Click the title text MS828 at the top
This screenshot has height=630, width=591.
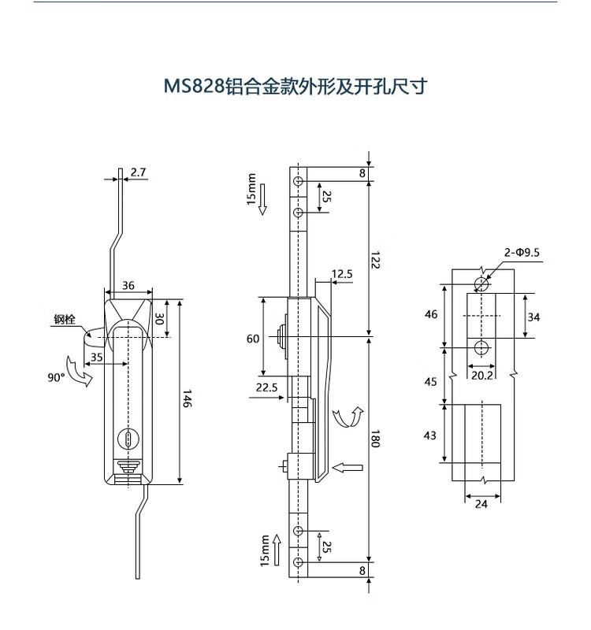click(x=193, y=87)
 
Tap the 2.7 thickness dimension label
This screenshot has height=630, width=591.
click(x=138, y=172)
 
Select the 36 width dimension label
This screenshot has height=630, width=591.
click(x=128, y=285)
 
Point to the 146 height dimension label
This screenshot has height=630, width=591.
click(x=188, y=398)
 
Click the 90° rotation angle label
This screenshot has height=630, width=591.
click(x=56, y=377)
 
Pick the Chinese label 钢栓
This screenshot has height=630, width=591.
click(x=65, y=320)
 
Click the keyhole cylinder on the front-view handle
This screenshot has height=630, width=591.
click(x=128, y=439)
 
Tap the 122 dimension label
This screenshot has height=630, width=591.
click(x=375, y=260)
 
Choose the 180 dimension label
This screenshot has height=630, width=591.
click(x=375, y=439)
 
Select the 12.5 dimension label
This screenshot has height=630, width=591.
click(x=342, y=274)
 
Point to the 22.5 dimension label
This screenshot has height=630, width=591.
click(x=266, y=387)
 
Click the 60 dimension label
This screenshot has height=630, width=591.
click(x=253, y=339)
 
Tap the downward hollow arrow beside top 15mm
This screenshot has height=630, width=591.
click(x=262, y=199)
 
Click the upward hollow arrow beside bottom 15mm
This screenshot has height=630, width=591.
click(x=277, y=550)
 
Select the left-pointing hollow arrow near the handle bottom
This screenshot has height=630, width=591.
click(x=348, y=468)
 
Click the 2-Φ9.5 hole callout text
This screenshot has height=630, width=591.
click(x=522, y=252)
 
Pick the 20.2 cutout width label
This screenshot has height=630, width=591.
click(x=481, y=376)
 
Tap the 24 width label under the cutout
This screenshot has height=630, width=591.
click(x=481, y=503)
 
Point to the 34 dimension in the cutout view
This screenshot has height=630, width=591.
click(x=533, y=317)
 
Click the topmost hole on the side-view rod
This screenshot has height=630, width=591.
click(x=298, y=181)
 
